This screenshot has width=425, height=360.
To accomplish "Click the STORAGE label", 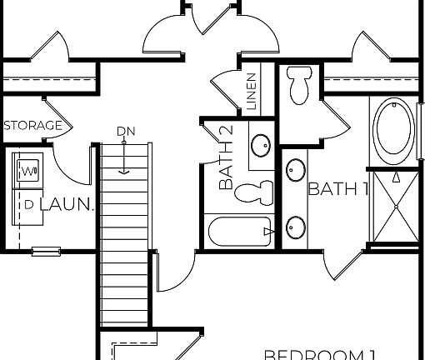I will tap(33, 126).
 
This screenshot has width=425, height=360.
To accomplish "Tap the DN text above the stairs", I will tap(125, 131).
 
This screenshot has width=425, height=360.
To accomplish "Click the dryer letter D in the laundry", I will tap(29, 203).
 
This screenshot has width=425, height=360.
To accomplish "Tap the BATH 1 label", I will tap(337, 189).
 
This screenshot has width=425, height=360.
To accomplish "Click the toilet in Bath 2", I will tap(255, 192).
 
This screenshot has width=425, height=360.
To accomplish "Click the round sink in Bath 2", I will tap(260, 145).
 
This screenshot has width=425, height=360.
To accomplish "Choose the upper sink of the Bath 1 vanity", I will tap(294, 171).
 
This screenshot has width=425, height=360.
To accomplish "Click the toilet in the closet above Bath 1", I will tap(297, 83).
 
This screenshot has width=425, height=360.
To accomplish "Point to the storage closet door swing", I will tap(57, 117).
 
